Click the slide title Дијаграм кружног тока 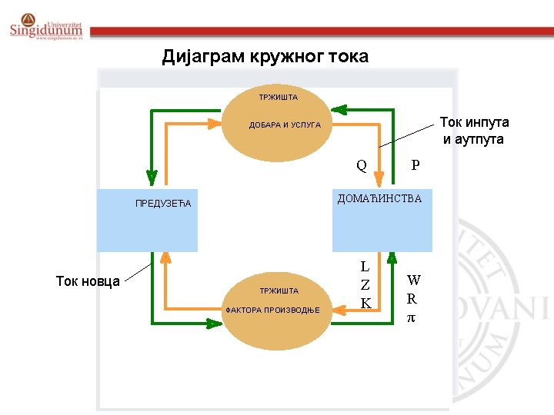point(265,56)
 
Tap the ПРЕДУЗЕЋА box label point(162,204)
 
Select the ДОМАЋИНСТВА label point(379,199)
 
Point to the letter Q point(361,164)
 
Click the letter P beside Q point(415,164)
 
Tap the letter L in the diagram point(365,267)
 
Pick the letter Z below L point(365,285)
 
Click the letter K point(366,304)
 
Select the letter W point(414,281)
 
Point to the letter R point(412,299)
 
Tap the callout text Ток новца point(88,281)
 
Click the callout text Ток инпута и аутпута point(474,131)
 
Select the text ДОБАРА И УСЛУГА point(285,124)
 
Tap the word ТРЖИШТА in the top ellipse point(279,98)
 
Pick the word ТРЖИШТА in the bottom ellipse point(279,291)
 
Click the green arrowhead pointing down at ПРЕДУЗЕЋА point(152,178)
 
